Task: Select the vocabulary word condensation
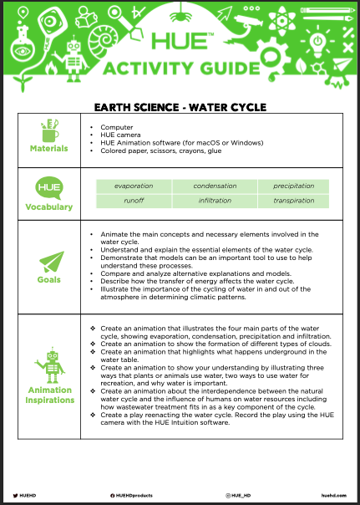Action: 215,186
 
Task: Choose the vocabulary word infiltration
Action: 215,201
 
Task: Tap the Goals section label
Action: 49,281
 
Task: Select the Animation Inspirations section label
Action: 49,394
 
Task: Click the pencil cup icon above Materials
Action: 49,130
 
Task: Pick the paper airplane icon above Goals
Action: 49,259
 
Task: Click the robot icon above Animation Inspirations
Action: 49,364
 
